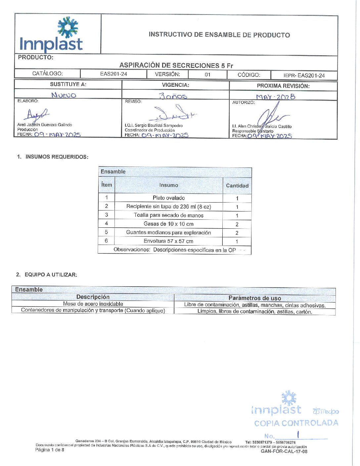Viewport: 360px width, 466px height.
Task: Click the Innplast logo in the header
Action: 51,34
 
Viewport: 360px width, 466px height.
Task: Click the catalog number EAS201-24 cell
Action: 113,74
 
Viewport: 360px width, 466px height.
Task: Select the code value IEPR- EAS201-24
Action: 304,75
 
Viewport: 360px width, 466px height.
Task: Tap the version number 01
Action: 207,74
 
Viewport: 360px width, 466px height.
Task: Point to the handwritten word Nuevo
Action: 64,95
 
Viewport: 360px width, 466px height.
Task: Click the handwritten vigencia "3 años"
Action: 173,96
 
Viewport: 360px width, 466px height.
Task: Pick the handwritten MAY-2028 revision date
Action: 275,97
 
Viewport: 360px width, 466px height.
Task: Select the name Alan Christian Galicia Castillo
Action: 262,126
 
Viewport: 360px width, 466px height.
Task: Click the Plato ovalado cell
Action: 169,198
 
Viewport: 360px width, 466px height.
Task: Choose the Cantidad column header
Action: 237,186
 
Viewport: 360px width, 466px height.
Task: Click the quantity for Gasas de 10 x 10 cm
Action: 237,224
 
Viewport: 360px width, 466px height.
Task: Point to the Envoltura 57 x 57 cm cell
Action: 168,241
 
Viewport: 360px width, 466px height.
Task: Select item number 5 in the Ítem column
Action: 106,232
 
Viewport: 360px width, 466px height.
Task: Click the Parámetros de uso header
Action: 255,298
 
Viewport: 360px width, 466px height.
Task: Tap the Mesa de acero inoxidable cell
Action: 93,304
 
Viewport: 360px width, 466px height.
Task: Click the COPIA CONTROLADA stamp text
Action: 296,423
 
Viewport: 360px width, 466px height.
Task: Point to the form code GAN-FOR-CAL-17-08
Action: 284,451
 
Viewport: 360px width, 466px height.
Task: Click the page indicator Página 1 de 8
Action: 50,450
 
